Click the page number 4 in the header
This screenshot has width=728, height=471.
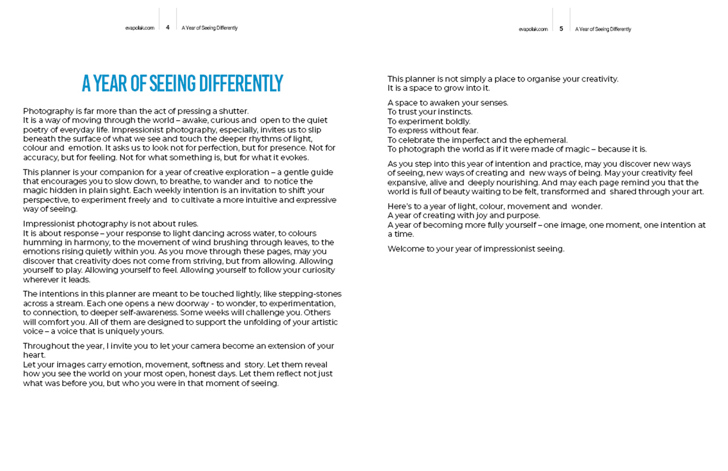tap(168, 28)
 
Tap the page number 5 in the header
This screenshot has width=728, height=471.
tap(561, 29)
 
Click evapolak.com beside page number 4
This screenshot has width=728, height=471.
tap(140, 28)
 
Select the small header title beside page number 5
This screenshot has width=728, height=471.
tap(603, 29)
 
